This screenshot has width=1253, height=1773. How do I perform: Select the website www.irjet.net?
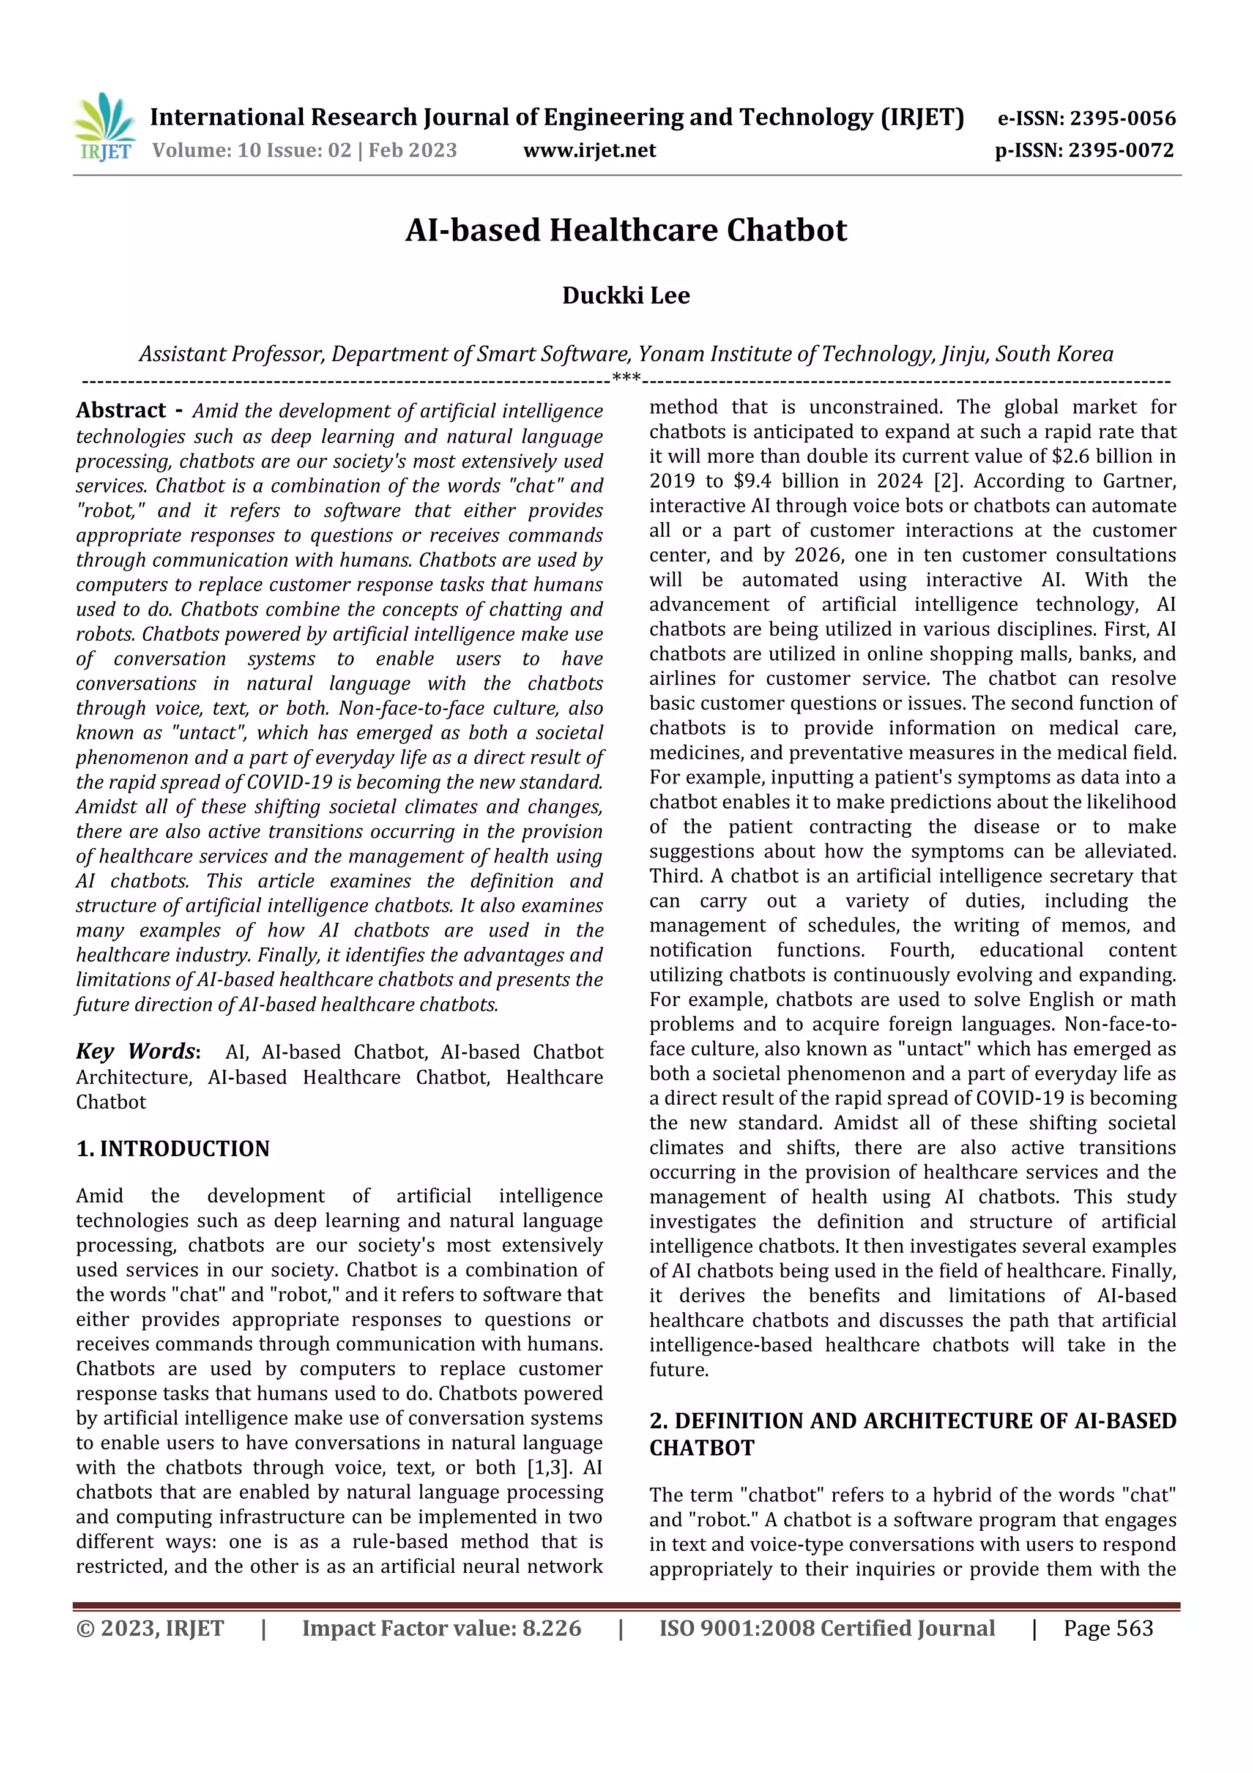click(589, 150)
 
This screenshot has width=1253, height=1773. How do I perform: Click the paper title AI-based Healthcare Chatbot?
click(626, 230)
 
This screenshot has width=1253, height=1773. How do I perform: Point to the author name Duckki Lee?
click(625, 295)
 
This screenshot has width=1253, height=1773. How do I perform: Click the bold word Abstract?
click(121, 410)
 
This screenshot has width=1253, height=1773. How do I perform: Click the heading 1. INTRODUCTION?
click(173, 1148)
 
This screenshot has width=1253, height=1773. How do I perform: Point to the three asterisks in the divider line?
click(626, 378)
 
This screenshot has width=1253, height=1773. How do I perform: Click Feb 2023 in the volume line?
click(412, 150)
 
